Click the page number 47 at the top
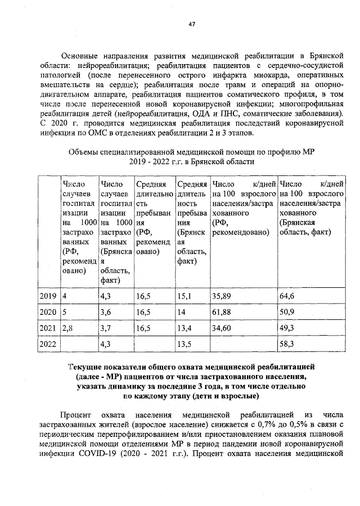[191, 24]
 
